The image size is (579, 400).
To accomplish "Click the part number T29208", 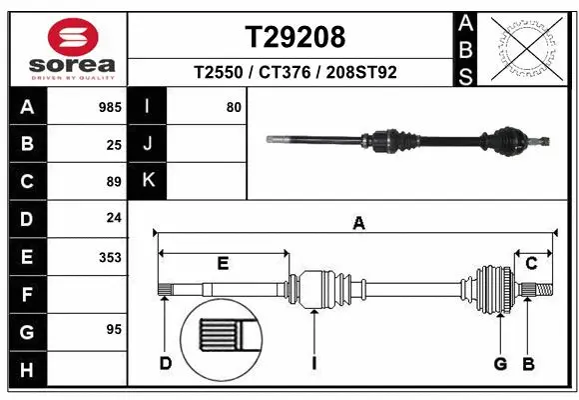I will (x=295, y=37).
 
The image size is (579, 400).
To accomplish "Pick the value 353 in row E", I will (x=110, y=257).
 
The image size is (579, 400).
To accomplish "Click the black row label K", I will (x=148, y=181).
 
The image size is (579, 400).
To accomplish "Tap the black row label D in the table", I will (x=27, y=219).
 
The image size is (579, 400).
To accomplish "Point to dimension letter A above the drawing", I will (x=357, y=224).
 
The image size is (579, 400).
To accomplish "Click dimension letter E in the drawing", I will (x=223, y=264).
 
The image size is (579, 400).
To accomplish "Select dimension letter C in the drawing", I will (x=531, y=264).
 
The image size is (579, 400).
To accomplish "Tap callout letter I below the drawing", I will (x=313, y=363).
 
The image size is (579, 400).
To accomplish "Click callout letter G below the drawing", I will (x=500, y=363).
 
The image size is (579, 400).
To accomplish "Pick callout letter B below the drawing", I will (x=528, y=363).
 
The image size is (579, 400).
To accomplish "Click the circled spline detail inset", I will (x=219, y=337).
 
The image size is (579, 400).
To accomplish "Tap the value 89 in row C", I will (x=113, y=182).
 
